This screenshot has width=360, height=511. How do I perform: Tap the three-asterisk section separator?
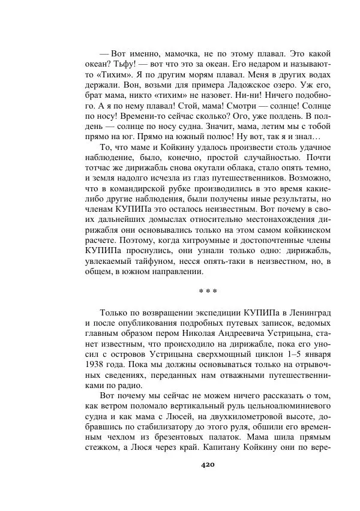point(207,291)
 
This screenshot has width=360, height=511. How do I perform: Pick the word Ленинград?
point(304,313)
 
